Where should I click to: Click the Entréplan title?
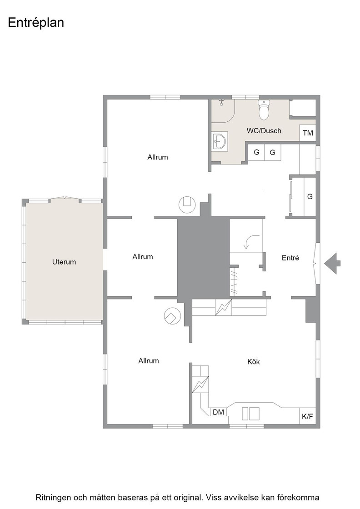(x=36, y=23)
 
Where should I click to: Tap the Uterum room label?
(x=64, y=262)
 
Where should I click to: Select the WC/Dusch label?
(x=264, y=131)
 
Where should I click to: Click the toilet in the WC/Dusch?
(x=264, y=110)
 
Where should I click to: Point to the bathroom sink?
(x=220, y=141)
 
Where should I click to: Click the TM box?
(x=308, y=133)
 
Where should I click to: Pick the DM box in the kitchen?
(x=219, y=412)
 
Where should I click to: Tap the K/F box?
(x=307, y=416)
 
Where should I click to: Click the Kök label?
(x=254, y=362)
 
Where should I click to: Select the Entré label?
(x=290, y=258)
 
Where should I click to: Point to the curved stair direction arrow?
(x=250, y=240)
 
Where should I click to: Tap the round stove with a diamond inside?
(x=172, y=316)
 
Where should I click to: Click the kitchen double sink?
(x=250, y=414)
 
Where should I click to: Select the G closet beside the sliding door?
(x=310, y=196)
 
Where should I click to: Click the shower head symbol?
(x=222, y=102)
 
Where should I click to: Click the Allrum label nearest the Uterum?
(x=143, y=257)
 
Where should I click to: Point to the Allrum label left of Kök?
(x=148, y=361)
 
